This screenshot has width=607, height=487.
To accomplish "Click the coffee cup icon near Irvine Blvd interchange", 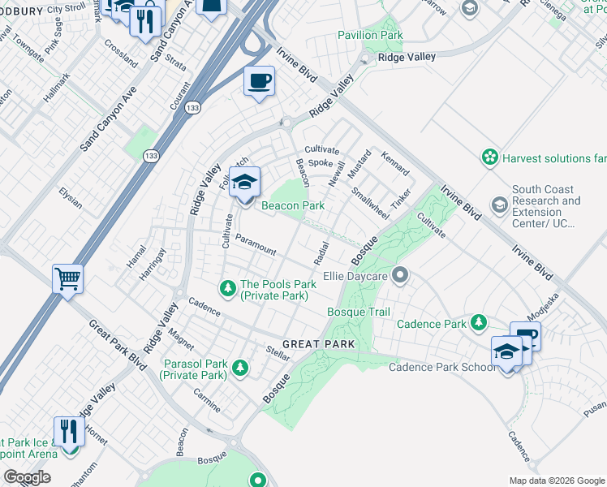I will pos(259,81).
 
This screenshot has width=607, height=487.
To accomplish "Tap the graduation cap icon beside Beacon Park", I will pos(244,183).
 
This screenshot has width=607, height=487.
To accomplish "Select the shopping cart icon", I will pos(68,278).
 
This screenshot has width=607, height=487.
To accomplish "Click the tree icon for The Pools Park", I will pos(229,287).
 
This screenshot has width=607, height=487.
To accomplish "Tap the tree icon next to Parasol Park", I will pos(240,368).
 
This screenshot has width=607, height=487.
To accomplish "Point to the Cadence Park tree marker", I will pos(479,323).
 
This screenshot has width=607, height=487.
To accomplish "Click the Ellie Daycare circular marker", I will pos(398,275).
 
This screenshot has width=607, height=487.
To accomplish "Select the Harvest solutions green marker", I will pos(489,157).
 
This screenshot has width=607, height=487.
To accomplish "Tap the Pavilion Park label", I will pos(370,35).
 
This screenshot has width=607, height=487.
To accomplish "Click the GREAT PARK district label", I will pos(319,344).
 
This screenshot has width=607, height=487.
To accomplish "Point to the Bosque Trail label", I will pos(358,312).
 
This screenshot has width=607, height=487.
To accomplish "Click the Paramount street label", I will pos(256,245).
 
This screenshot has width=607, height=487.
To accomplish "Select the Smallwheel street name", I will pos(370,203).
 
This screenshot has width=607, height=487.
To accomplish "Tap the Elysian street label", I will pos(71,197).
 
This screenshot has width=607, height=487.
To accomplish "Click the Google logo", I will pos(27,477).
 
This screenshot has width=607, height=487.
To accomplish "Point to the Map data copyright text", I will pos(556,481).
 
